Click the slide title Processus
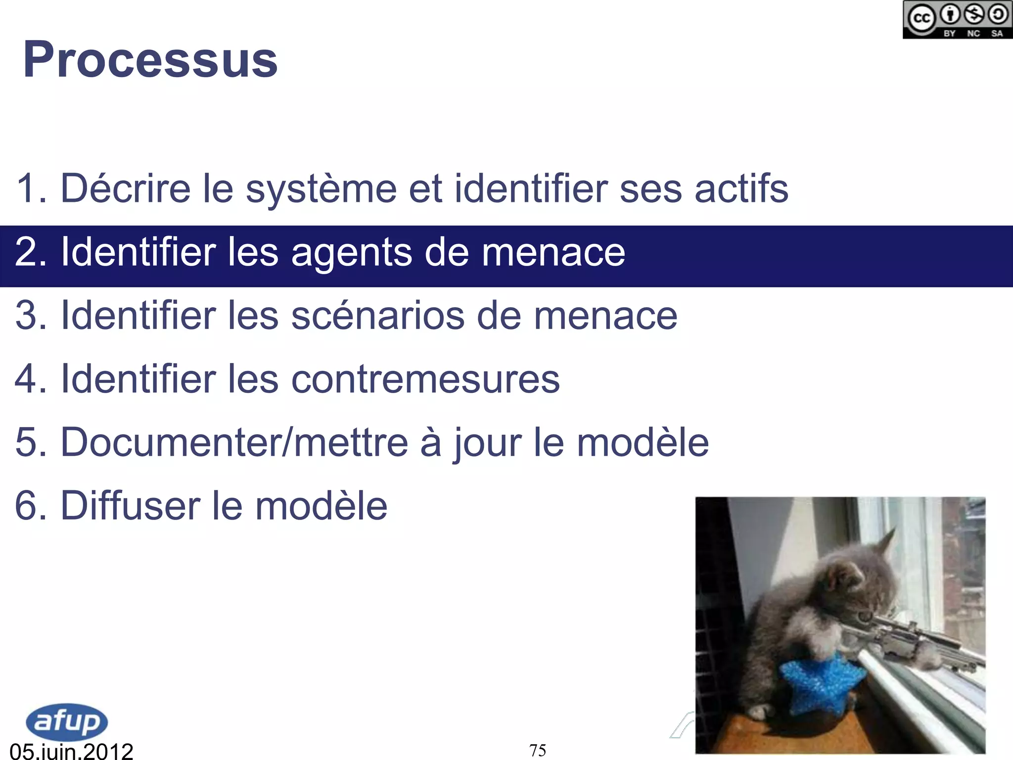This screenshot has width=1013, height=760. [150, 60]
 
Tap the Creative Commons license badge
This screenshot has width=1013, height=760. [957, 20]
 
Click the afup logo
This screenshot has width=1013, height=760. [67, 721]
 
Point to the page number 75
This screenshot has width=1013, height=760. [538, 750]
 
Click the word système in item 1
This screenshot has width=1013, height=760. [321, 189]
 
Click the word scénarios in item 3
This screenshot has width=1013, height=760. [378, 316]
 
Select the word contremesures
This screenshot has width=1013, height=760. [425, 379]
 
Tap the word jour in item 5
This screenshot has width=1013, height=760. [487, 443]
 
